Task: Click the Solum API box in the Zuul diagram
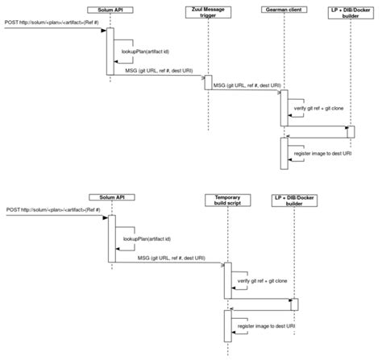pos(110,9)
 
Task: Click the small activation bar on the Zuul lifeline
pos(207,83)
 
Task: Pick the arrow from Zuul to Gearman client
pos(246,90)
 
